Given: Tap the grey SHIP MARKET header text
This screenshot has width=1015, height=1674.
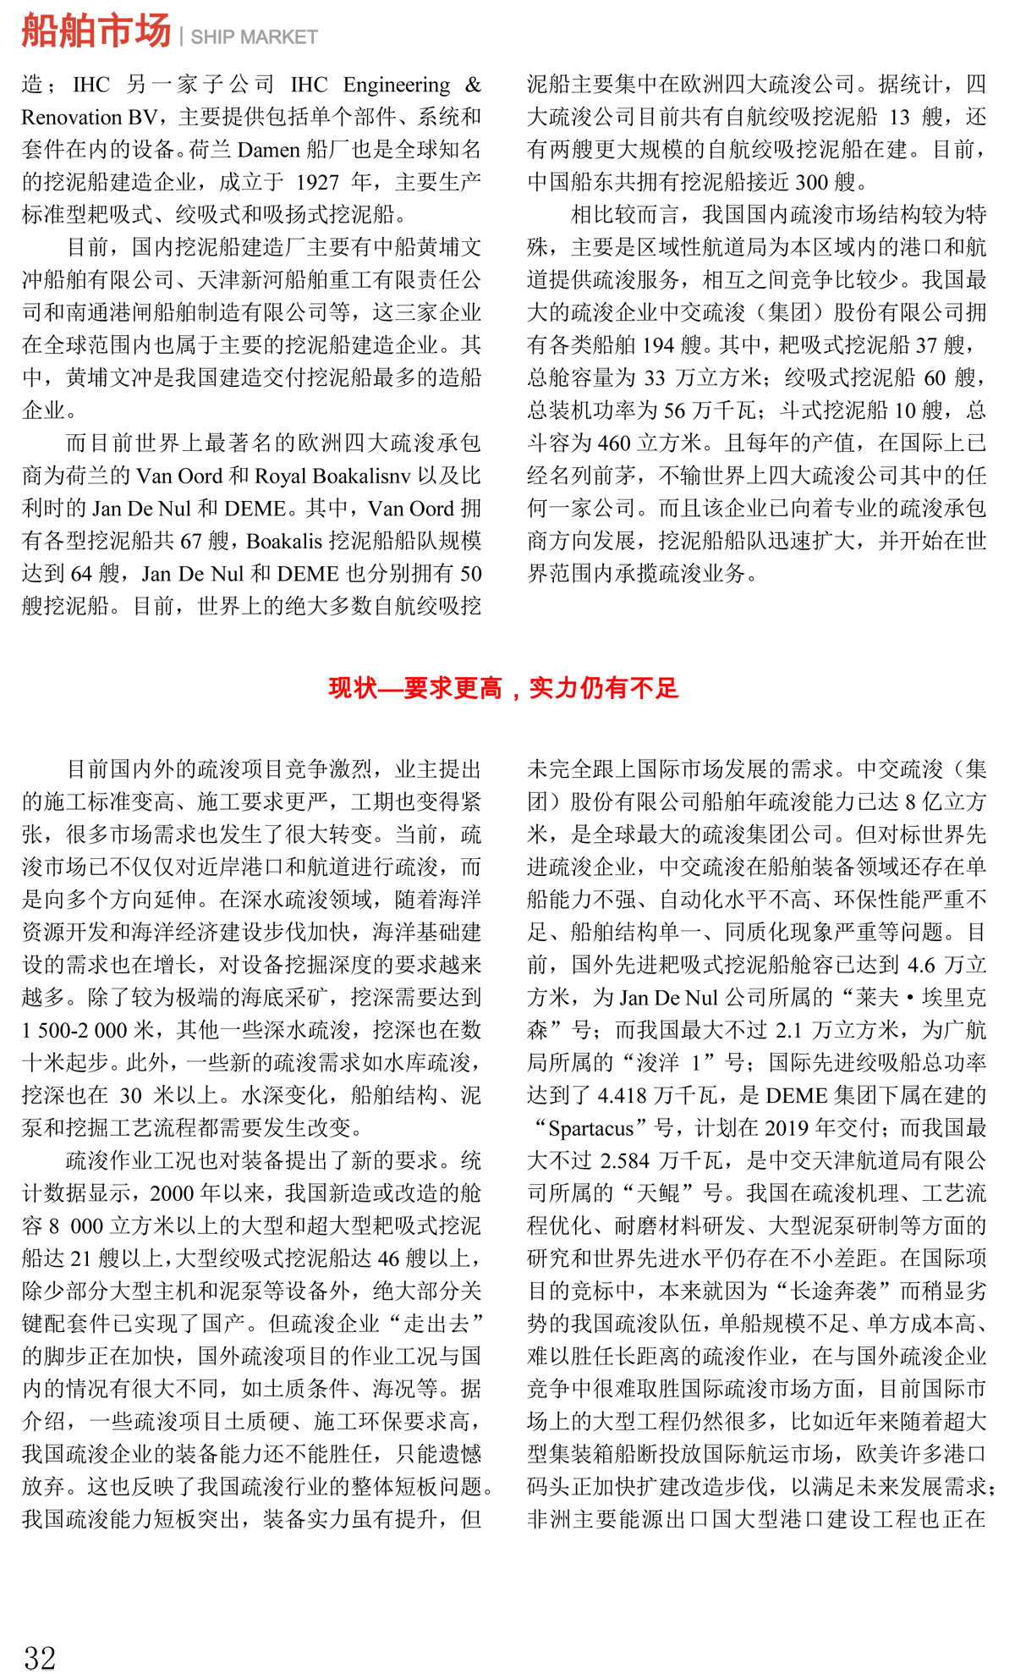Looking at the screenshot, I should (254, 37).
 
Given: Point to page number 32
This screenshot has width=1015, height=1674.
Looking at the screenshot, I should (40, 1656).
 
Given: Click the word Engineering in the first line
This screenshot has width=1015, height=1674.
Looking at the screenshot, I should (397, 85).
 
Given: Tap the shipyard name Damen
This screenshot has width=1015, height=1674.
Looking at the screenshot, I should (268, 150).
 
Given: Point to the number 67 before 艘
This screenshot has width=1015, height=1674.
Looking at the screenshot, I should (192, 541).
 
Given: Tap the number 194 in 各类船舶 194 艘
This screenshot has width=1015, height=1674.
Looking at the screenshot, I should (657, 345).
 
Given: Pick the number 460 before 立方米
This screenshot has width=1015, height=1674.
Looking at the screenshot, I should (614, 443).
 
